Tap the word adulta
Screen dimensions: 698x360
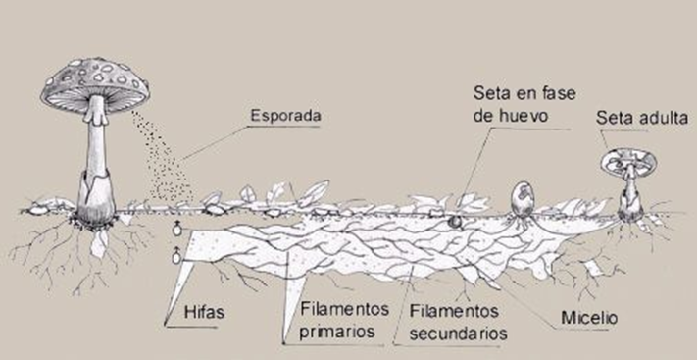(664, 119)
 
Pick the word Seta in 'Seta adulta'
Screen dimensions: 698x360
(616, 119)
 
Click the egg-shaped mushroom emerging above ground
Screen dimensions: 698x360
(523, 199)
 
